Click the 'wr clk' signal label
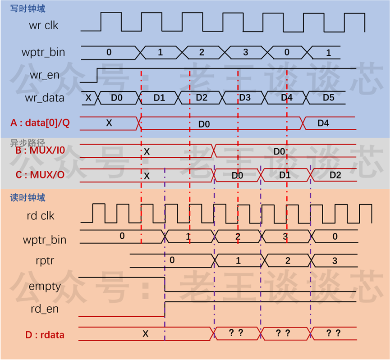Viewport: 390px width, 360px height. tap(44, 25)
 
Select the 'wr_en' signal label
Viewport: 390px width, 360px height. tap(45, 75)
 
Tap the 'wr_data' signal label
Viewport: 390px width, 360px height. tap(45, 98)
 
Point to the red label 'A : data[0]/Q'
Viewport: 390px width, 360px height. tap(40, 123)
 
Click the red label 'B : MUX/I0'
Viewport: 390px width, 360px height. tap(40, 150)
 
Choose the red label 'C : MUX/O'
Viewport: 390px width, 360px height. tap(40, 175)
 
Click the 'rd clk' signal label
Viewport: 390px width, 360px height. tap(41, 216)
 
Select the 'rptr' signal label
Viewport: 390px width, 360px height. tap(45, 260)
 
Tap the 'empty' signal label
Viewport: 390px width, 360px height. tap(45, 287)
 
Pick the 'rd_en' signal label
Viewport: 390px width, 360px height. tap(45, 309)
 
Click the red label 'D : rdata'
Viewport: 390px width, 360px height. tap(45, 335)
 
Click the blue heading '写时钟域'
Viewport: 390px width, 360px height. tap(28, 9)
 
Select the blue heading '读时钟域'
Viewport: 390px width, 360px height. tap(28, 198)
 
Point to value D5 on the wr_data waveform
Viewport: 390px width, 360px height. tap(329, 98)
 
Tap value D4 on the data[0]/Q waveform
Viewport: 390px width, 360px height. tap(323, 123)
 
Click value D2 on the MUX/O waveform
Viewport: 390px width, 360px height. tap(335, 175)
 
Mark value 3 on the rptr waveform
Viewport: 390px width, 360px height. tap(335, 261)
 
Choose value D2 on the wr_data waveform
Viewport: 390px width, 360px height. tap(202, 98)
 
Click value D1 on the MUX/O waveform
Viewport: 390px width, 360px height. tap(285, 175)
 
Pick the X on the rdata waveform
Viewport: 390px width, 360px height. tap(146, 334)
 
